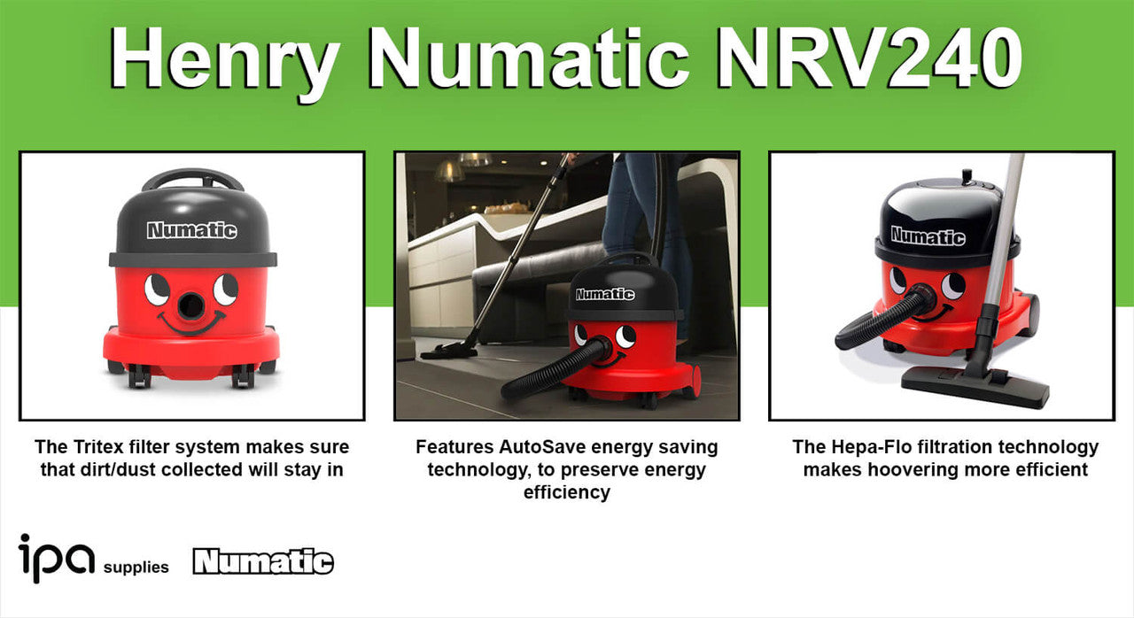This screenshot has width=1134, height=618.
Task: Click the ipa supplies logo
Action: tap(94, 559)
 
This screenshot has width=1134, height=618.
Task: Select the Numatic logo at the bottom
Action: tap(263, 561)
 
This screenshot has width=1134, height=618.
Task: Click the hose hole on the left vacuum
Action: tap(191, 305)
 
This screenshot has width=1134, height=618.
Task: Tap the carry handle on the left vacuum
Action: tap(192, 180)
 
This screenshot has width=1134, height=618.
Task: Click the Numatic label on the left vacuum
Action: tap(192, 230)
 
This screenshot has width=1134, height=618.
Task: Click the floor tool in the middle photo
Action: tap(448, 350)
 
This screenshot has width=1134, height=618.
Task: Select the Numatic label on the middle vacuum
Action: tap(605, 294)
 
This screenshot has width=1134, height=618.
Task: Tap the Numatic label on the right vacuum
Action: tap(928, 236)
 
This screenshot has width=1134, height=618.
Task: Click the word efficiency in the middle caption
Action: tap(566, 492)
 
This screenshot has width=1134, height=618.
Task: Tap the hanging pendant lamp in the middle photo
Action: tap(448, 171)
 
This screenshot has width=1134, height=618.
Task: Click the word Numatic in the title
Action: tap(527, 58)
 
